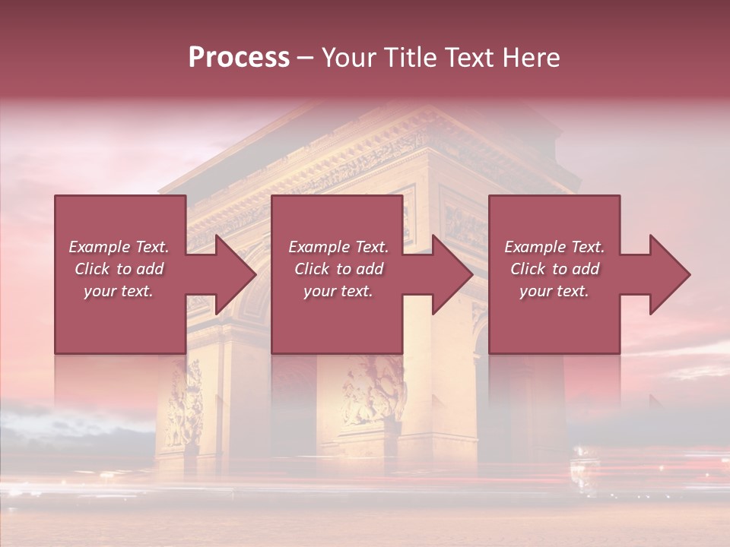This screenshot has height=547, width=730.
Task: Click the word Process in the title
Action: pyautogui.click(x=239, y=57)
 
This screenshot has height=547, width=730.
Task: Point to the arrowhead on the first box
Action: pyautogui.click(x=233, y=274)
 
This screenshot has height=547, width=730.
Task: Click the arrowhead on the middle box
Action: pyautogui.click(x=449, y=274)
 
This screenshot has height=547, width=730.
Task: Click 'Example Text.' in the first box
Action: pyautogui.click(x=119, y=247)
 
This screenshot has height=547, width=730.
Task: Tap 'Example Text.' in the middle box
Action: pyautogui.click(x=338, y=247)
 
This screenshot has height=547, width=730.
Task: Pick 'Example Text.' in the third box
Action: pyautogui.click(x=554, y=247)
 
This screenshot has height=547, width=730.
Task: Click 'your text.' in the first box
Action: pyautogui.click(x=119, y=291)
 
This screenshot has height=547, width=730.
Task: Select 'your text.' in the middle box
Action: pyautogui.click(x=338, y=291)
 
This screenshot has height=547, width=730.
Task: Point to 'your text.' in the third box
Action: pyautogui.click(x=554, y=291)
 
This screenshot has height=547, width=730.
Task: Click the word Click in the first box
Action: pyautogui.click(x=92, y=269)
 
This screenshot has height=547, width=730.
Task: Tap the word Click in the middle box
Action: pyautogui.click(x=312, y=269)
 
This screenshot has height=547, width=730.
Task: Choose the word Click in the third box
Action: pyautogui.click(x=528, y=269)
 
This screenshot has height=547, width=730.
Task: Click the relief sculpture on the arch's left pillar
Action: pyautogui.click(x=185, y=403)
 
